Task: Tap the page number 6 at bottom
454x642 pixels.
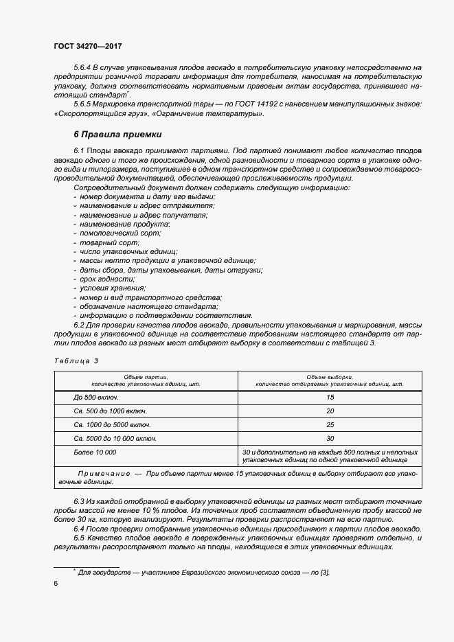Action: (x=56, y=583)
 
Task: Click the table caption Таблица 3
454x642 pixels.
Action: (x=76, y=360)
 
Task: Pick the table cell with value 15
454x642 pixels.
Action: (x=330, y=398)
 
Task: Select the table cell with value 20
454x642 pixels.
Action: (x=330, y=411)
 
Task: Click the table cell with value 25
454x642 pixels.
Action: (x=330, y=424)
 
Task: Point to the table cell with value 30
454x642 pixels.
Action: (x=330, y=438)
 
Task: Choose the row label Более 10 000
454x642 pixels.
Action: (x=95, y=452)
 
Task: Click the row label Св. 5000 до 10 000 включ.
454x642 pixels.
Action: (x=115, y=438)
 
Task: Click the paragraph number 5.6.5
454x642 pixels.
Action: (x=82, y=103)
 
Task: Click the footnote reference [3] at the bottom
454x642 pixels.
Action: (x=325, y=572)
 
